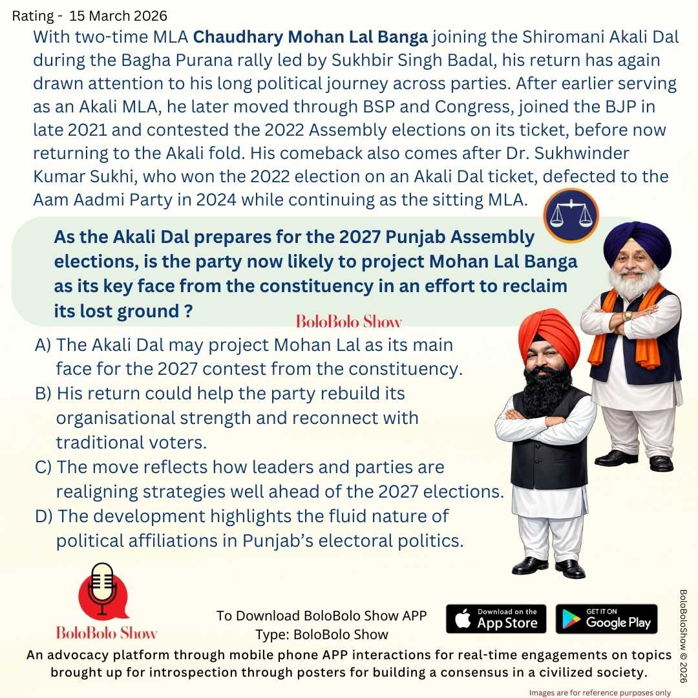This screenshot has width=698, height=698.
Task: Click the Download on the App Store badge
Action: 496,619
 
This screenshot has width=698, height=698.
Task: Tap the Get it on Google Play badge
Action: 606,619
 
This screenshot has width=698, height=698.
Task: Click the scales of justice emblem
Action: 571,215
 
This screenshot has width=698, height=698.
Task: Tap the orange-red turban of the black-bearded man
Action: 549,337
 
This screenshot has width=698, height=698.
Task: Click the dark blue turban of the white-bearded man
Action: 637,244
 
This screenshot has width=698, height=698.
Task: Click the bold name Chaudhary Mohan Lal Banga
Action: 311,37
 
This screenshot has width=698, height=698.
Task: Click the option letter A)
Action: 43,344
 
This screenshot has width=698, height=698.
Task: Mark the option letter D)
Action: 43,516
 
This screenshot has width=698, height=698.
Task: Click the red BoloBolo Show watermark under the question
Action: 348,321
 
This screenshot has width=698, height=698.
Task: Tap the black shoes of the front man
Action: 549,567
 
